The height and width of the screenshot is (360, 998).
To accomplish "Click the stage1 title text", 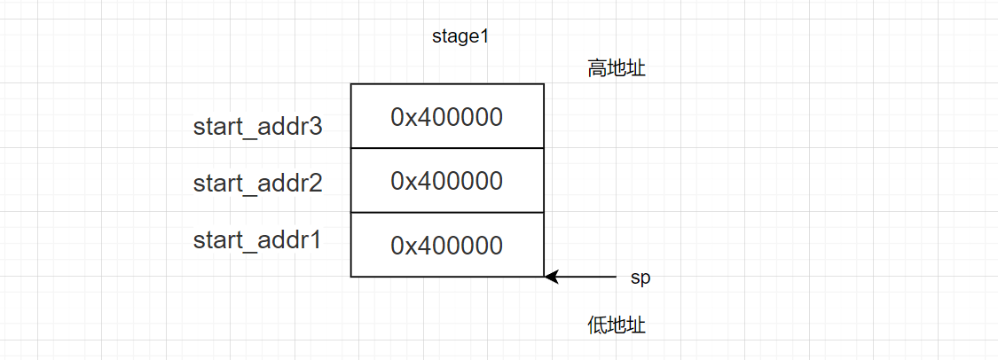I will point(460,37).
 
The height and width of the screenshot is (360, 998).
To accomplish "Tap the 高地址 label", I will point(616,68).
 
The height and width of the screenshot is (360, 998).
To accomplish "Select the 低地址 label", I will point(616,325).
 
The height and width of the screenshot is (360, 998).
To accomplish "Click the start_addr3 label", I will point(257,127).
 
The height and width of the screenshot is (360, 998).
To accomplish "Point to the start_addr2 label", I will point(257,184).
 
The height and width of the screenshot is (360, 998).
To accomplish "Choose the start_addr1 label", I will point(257,239).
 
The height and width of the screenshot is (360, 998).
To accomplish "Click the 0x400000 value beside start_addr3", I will point(447,116).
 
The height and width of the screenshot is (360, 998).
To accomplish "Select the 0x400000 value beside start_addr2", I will point(447,181).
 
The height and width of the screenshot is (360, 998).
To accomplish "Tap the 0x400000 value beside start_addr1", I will point(447,245).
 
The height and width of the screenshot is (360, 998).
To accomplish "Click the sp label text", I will point(640,278).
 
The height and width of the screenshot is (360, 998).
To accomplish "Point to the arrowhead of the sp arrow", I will point(551,277).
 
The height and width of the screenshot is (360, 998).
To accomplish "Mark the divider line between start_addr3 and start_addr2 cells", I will point(447,148).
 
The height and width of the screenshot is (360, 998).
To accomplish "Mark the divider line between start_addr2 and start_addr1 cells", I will point(447,213).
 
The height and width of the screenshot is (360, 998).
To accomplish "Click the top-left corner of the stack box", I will point(351,84).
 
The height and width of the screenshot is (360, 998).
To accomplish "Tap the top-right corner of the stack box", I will point(543,84).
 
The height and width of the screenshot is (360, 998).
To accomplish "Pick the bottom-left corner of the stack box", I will point(351,277).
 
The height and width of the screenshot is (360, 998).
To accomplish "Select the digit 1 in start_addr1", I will point(315,239).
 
